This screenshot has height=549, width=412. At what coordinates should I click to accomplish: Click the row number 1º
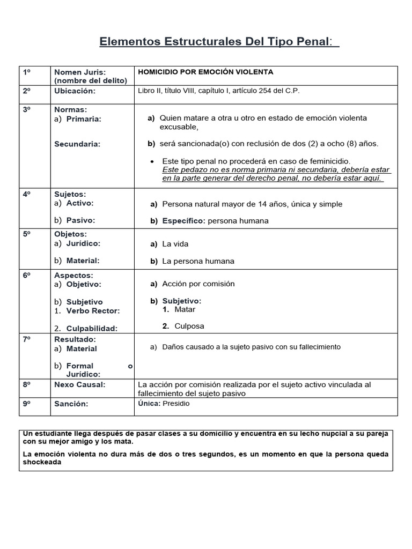pyautogui.click(x=27, y=72)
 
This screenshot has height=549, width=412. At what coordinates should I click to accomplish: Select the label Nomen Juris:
pyautogui.click(x=80, y=72)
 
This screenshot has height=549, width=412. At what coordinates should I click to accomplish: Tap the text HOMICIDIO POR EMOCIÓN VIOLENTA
pyautogui.click(x=205, y=72)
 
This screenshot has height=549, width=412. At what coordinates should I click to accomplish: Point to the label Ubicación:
pyautogui.click(x=75, y=91)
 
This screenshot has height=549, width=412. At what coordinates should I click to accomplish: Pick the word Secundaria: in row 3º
pyautogui.click(x=77, y=144)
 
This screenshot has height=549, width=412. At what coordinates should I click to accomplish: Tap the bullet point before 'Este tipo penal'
pyautogui.click(x=153, y=161)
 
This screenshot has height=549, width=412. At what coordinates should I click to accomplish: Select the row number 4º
pyautogui.click(x=27, y=194)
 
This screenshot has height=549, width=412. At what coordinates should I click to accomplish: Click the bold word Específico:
pyautogui.click(x=184, y=221)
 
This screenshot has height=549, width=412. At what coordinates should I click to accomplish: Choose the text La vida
pyautogui.click(x=175, y=244)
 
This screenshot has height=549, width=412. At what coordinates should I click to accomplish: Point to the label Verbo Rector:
pyautogui.click(x=93, y=311)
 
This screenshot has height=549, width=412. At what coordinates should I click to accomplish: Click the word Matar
pyautogui.click(x=185, y=309)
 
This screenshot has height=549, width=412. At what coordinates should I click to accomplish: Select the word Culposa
pyautogui.click(x=189, y=326)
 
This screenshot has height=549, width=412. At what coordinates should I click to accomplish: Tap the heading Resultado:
pyautogui.click(x=75, y=339)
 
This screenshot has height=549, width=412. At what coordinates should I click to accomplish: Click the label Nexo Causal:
pyautogui.click(x=79, y=385)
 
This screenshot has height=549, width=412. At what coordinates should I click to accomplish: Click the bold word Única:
pyautogui.click(x=149, y=404)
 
